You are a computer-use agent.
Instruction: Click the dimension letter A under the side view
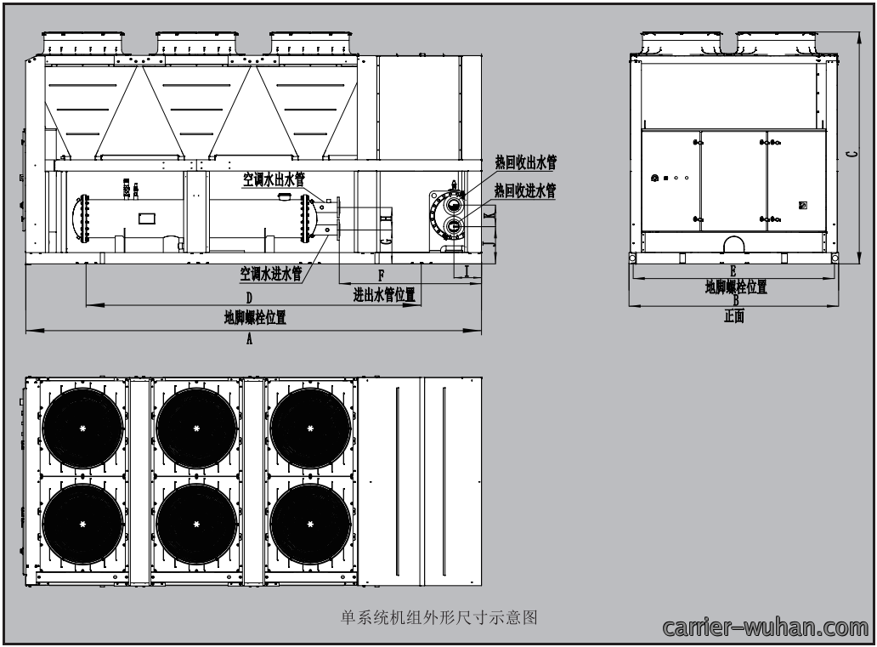click(250, 338)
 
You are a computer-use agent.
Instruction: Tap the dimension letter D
click(250, 298)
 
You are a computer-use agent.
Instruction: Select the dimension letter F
click(382, 275)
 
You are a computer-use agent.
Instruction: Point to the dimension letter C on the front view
click(852, 153)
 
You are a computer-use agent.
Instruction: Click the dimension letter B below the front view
click(736, 300)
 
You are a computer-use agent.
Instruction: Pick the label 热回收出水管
click(526, 163)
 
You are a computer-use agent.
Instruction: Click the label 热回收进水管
click(525, 190)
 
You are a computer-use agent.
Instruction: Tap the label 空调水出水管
click(274, 179)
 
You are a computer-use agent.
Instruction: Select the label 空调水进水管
click(271, 274)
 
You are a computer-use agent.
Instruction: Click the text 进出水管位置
click(384, 294)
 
